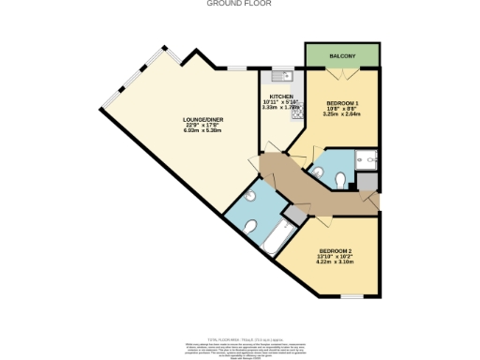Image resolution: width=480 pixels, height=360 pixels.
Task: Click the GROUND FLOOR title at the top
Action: click(239, 4)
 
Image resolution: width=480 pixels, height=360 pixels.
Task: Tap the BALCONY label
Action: click(342, 57)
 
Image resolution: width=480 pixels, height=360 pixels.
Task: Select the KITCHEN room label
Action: click(282, 97)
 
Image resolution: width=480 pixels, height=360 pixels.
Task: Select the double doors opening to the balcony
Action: click(342, 71)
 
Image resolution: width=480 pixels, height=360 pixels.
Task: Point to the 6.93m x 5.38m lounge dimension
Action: click(202, 130)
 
